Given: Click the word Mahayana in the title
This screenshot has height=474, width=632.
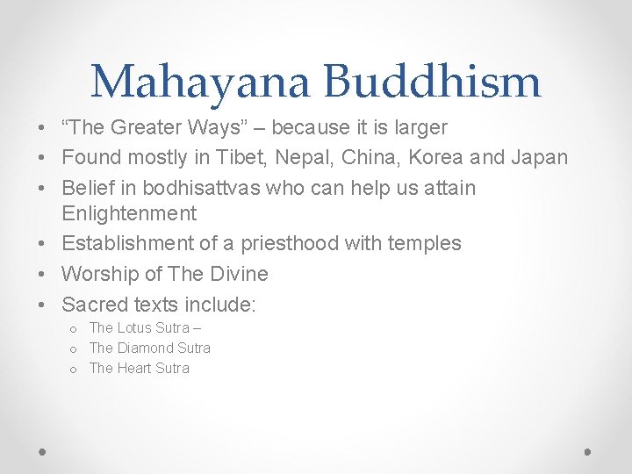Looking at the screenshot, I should (x=199, y=82).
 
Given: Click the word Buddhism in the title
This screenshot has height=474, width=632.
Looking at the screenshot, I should (x=432, y=82).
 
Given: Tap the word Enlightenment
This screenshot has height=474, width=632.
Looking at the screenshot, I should (x=129, y=213).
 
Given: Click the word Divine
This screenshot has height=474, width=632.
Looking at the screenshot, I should (x=239, y=274).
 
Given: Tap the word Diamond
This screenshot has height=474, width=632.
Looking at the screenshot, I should (x=146, y=348).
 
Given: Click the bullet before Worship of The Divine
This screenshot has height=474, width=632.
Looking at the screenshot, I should (x=43, y=275).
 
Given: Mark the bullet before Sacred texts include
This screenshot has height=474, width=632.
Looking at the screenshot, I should (x=43, y=305).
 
